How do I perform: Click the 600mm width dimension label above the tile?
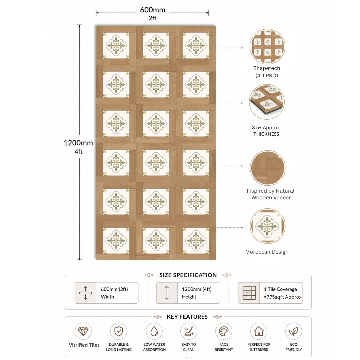[152, 10]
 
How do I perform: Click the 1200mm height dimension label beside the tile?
[78, 143]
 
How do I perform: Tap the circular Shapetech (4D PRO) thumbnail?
[267, 47]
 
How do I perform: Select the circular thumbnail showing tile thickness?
[267, 102]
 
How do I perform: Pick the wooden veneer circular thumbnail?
[267, 168]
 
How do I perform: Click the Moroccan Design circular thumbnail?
[267, 226]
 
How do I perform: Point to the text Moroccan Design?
[267, 252]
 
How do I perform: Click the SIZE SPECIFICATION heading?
[188, 275]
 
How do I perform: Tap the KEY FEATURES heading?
[187, 317]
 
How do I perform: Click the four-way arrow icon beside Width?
[85, 293]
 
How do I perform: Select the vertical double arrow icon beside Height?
[167, 293]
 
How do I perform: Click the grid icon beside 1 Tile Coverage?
[249, 293]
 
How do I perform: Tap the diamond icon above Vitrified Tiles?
[83, 331]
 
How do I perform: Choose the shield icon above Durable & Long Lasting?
[118, 331]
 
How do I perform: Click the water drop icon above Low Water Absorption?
[154, 331]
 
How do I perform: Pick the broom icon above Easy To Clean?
[189, 331]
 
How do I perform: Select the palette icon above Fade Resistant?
[224, 331]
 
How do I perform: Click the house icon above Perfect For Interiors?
[259, 331]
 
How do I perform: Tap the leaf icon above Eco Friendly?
[293, 331]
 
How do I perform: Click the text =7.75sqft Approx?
[283, 297]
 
